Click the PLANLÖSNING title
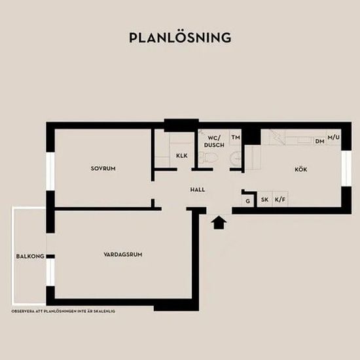[x=180, y=37]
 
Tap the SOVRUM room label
[x=103, y=168]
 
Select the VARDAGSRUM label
[x=123, y=255]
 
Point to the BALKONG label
[x=30, y=256]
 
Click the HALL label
[x=198, y=190]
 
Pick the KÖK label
[x=301, y=170]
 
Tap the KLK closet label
[x=182, y=156]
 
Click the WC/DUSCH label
[x=214, y=141]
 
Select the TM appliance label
[x=236, y=137]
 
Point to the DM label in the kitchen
[x=320, y=141]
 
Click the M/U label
[x=333, y=137]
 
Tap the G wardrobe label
[x=247, y=201]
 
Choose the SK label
[x=264, y=200]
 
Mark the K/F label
[x=280, y=200]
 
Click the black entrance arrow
[x=219, y=223]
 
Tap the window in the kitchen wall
[x=346, y=168]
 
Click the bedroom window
[x=50, y=171]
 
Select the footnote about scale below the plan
[x=63, y=312]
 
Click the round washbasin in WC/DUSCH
[x=236, y=158]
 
